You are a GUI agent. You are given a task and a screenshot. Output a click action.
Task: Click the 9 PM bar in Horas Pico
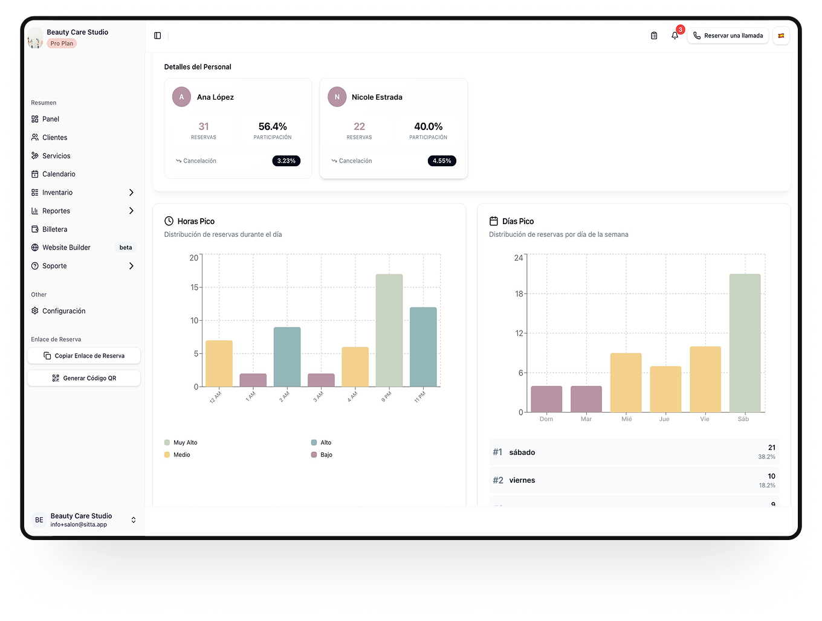click(389, 330)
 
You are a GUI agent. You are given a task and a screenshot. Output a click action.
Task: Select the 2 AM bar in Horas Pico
click(287, 357)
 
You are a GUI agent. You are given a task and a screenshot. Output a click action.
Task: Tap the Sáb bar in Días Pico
click(745, 343)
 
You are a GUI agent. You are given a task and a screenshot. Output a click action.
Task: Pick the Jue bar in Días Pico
click(665, 389)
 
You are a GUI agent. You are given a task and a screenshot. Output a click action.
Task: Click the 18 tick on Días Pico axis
click(519, 294)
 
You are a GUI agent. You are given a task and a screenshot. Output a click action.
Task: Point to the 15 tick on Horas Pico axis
click(194, 288)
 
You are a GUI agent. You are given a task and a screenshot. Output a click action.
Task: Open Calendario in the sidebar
click(59, 174)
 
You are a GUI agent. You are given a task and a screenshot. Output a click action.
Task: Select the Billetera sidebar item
click(54, 230)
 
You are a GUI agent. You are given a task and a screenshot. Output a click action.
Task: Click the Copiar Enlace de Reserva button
click(84, 356)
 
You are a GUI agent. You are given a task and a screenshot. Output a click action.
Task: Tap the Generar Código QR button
click(84, 378)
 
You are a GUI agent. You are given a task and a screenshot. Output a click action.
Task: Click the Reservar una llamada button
click(728, 36)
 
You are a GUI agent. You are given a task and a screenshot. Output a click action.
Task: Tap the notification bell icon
click(675, 36)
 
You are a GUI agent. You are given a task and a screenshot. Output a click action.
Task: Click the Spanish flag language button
click(781, 36)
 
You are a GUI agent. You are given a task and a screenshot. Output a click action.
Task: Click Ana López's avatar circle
click(181, 97)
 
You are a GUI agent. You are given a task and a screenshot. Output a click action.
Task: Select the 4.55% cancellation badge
click(442, 161)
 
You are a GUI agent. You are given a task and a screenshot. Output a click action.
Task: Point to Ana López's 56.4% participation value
click(273, 127)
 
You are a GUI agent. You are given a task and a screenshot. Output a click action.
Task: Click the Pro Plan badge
click(62, 43)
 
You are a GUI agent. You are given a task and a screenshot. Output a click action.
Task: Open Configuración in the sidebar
click(63, 311)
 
